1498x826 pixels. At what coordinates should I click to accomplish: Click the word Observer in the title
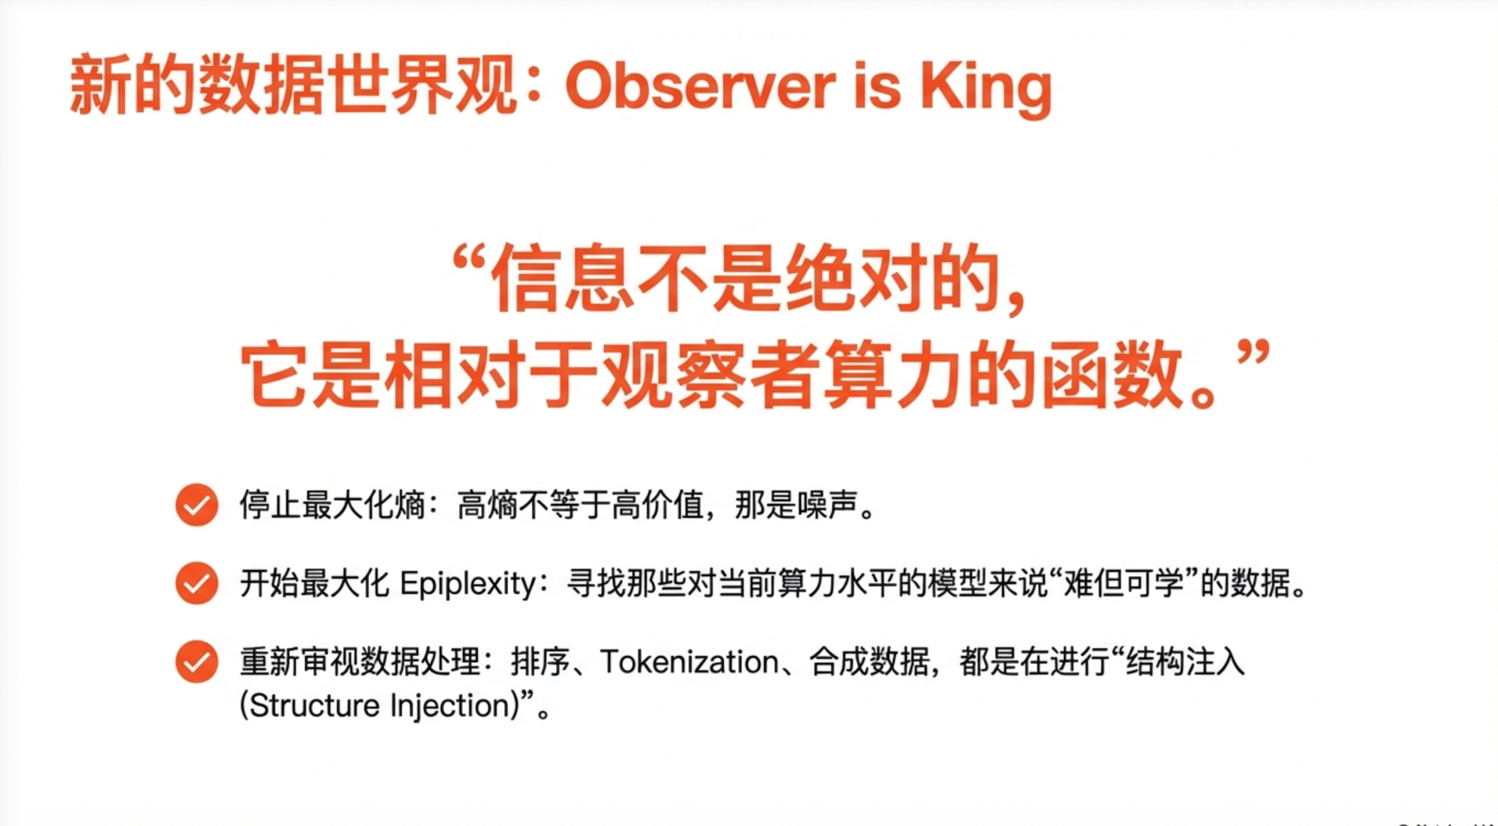[700, 88]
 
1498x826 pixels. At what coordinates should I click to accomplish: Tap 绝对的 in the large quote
[892, 278]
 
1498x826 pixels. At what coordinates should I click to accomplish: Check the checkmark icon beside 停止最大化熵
[197, 505]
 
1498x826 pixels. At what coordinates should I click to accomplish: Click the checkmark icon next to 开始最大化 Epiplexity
[197, 583]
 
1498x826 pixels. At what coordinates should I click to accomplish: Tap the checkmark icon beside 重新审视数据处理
[197, 662]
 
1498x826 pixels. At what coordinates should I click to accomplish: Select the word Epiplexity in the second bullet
[469, 584]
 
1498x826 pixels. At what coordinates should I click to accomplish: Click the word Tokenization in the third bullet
[689, 663]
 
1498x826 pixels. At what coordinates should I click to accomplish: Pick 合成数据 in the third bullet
[870, 662]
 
